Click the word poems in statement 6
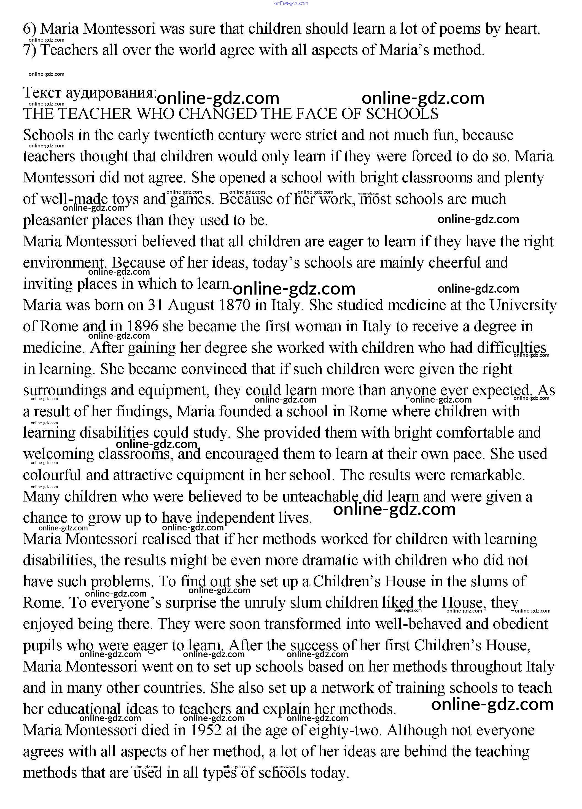459,29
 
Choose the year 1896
142,326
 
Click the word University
523,305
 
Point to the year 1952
206,730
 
